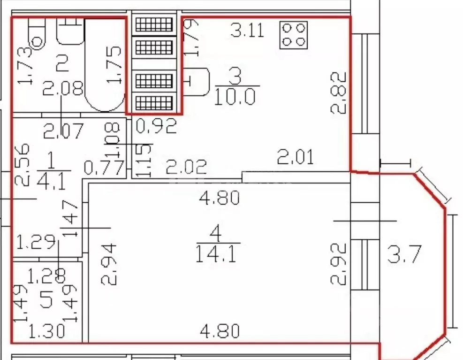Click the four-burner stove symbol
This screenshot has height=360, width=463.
pos(294,35)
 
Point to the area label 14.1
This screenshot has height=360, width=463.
pos(216,254)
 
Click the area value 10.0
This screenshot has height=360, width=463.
pos(235,96)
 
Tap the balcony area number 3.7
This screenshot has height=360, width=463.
pos(404,254)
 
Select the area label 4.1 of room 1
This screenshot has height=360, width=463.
pos(52,181)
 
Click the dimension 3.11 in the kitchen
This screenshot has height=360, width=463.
pos(247,30)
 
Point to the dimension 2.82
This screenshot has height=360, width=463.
pos(338,93)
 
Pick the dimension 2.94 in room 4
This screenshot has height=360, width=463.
pos(109,264)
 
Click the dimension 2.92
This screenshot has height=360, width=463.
pos(338,264)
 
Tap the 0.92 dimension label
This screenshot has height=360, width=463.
pos(157,126)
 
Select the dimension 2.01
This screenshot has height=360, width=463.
pos(296,157)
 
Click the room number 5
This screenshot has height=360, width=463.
pos(46,299)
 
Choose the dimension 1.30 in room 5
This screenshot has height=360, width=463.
pos(47,331)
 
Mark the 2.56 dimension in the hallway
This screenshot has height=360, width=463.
pos(22,165)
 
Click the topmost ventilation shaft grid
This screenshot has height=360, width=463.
pos(154,24)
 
